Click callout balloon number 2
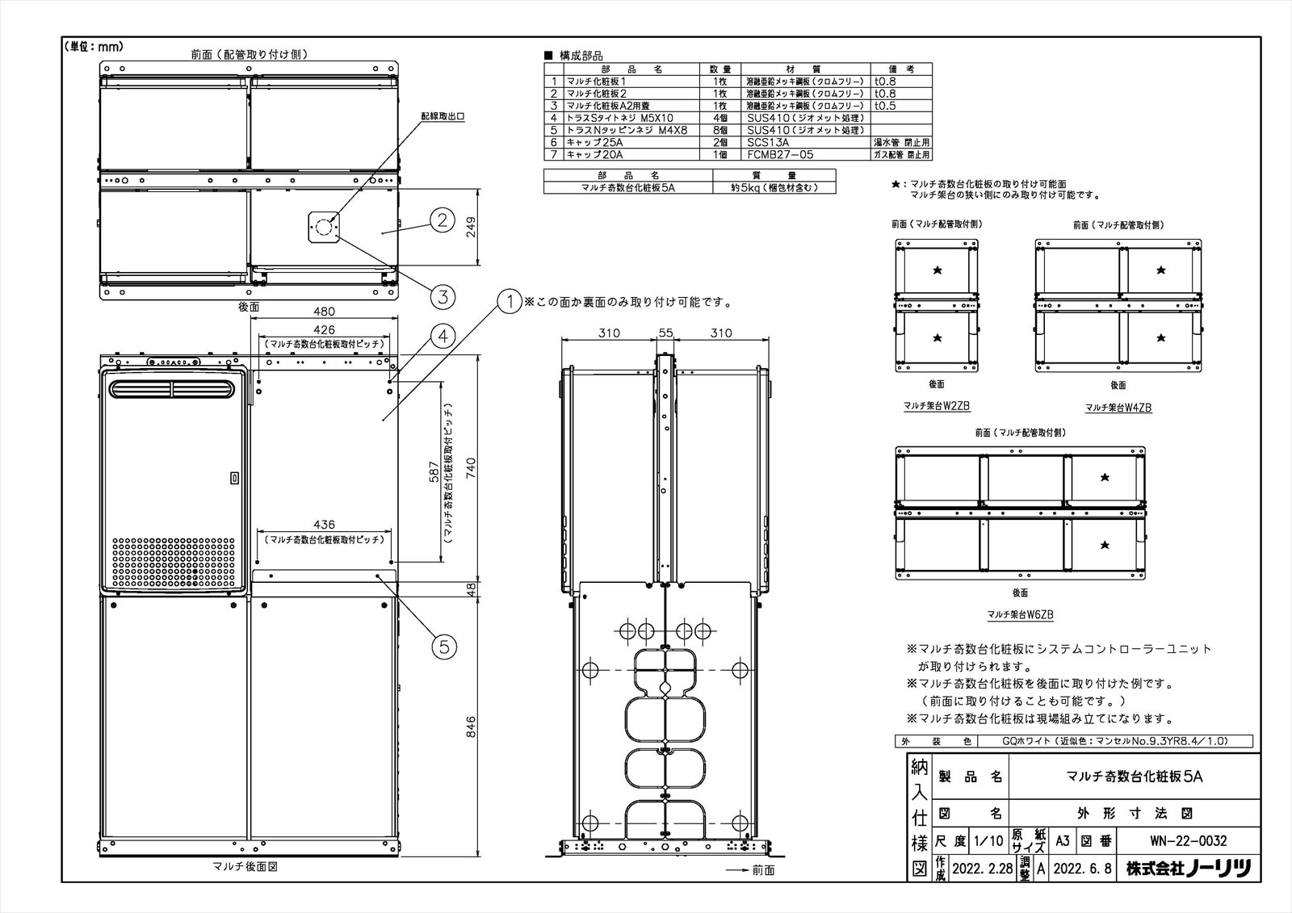pyautogui.click(x=441, y=220)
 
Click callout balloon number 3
pyautogui.click(x=441, y=296)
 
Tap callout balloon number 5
pyautogui.click(x=445, y=646)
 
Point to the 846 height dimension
pyautogui.click(x=471, y=721)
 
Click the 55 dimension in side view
pyautogui.click(x=666, y=333)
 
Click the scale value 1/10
pyautogui.click(x=990, y=840)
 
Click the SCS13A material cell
pyautogui.click(x=768, y=142)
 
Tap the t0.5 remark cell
pyautogui.click(x=885, y=106)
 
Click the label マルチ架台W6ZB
pyautogui.click(x=1020, y=615)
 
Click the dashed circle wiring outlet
pyautogui.click(x=324, y=228)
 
